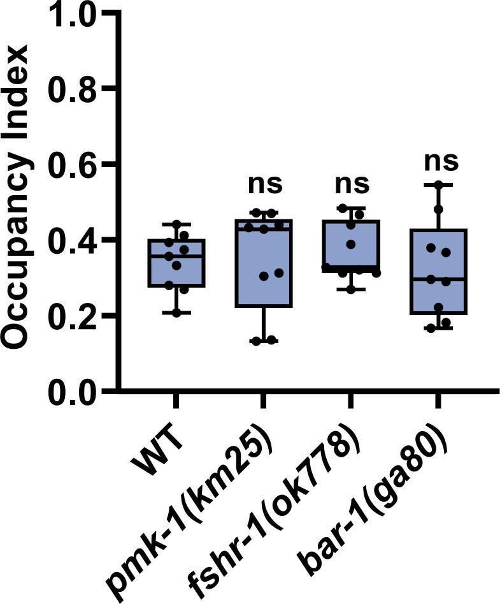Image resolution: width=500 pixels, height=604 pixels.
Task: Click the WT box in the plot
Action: pyautogui.click(x=176, y=263)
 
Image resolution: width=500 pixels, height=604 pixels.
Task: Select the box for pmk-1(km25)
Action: pyautogui.click(x=264, y=263)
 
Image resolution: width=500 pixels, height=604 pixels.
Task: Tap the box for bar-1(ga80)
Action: pyautogui.click(x=438, y=271)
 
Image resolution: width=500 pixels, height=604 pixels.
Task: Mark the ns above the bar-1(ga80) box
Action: pyautogui.click(x=440, y=161)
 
